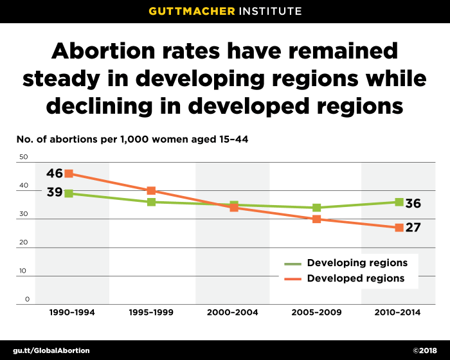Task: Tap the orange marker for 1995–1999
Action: [151, 190]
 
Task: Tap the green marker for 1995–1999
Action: [151, 202]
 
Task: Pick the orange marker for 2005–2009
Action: [316, 219]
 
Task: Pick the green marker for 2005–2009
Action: [316, 208]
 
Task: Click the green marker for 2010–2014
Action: [399, 202]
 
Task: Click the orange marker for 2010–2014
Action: [399, 228]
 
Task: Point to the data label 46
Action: [55, 173]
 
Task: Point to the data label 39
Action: [55, 192]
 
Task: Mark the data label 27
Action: [413, 227]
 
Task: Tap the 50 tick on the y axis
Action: [24, 157]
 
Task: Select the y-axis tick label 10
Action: [24, 271]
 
